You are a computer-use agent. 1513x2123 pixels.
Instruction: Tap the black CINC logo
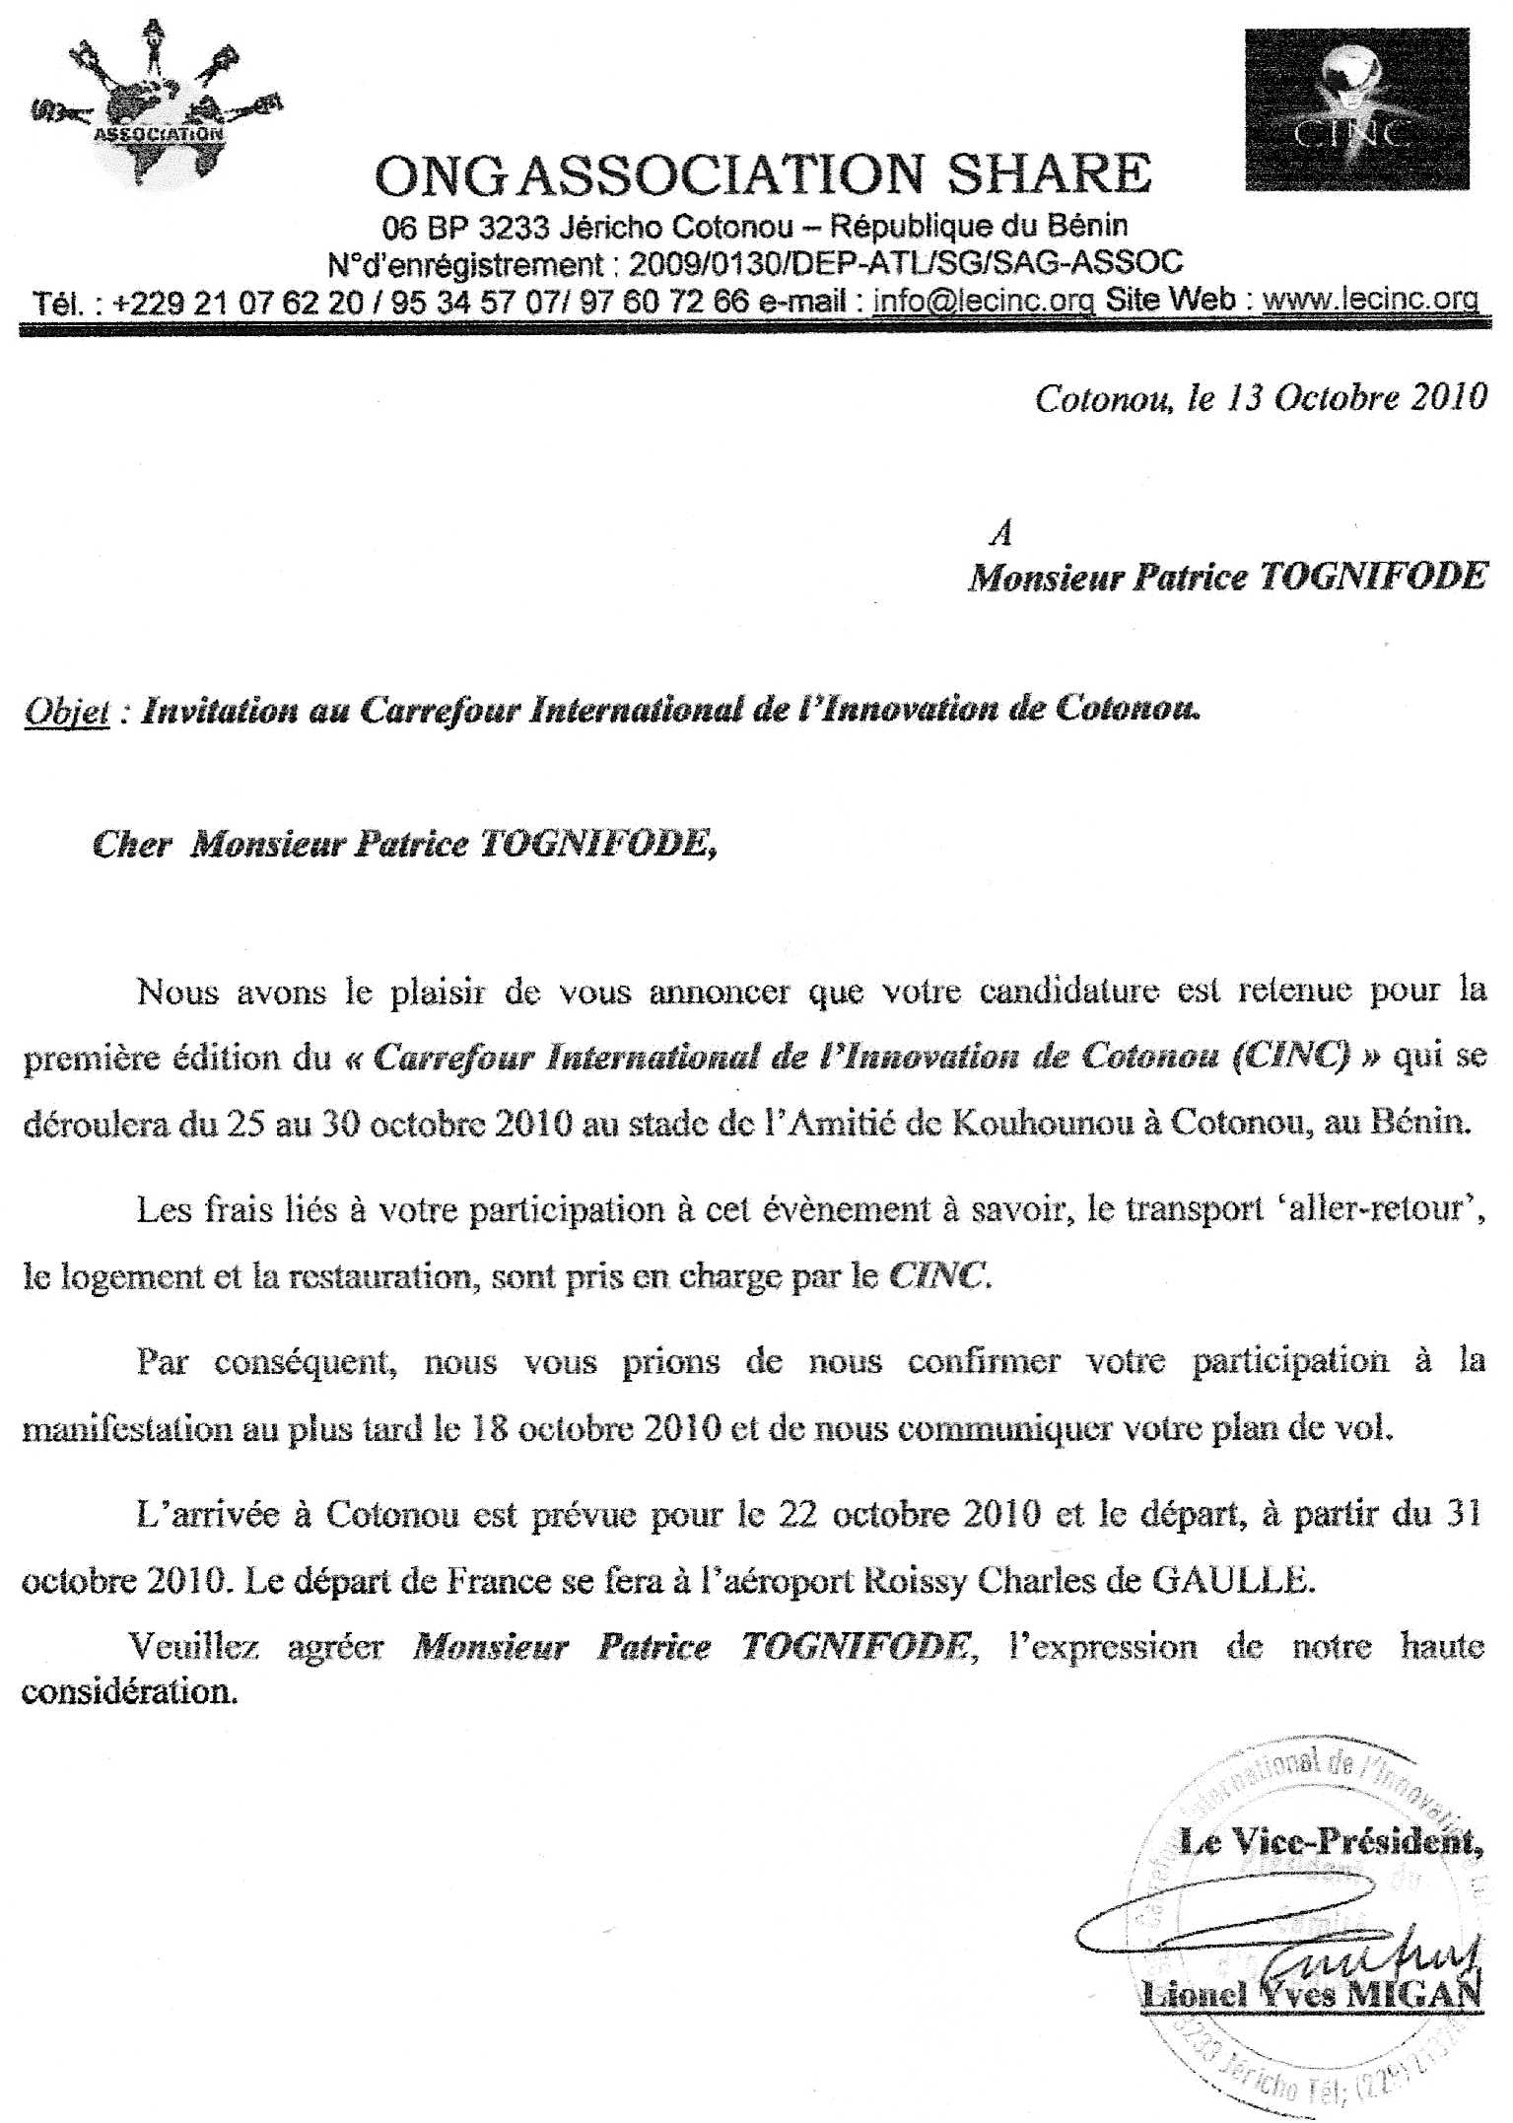coord(1356,109)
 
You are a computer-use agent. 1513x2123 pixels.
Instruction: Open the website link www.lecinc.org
coord(1370,300)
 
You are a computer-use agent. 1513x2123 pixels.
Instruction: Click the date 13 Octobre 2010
coord(1355,397)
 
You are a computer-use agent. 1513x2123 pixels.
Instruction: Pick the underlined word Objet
coord(65,712)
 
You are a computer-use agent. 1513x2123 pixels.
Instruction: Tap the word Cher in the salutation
coord(132,845)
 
